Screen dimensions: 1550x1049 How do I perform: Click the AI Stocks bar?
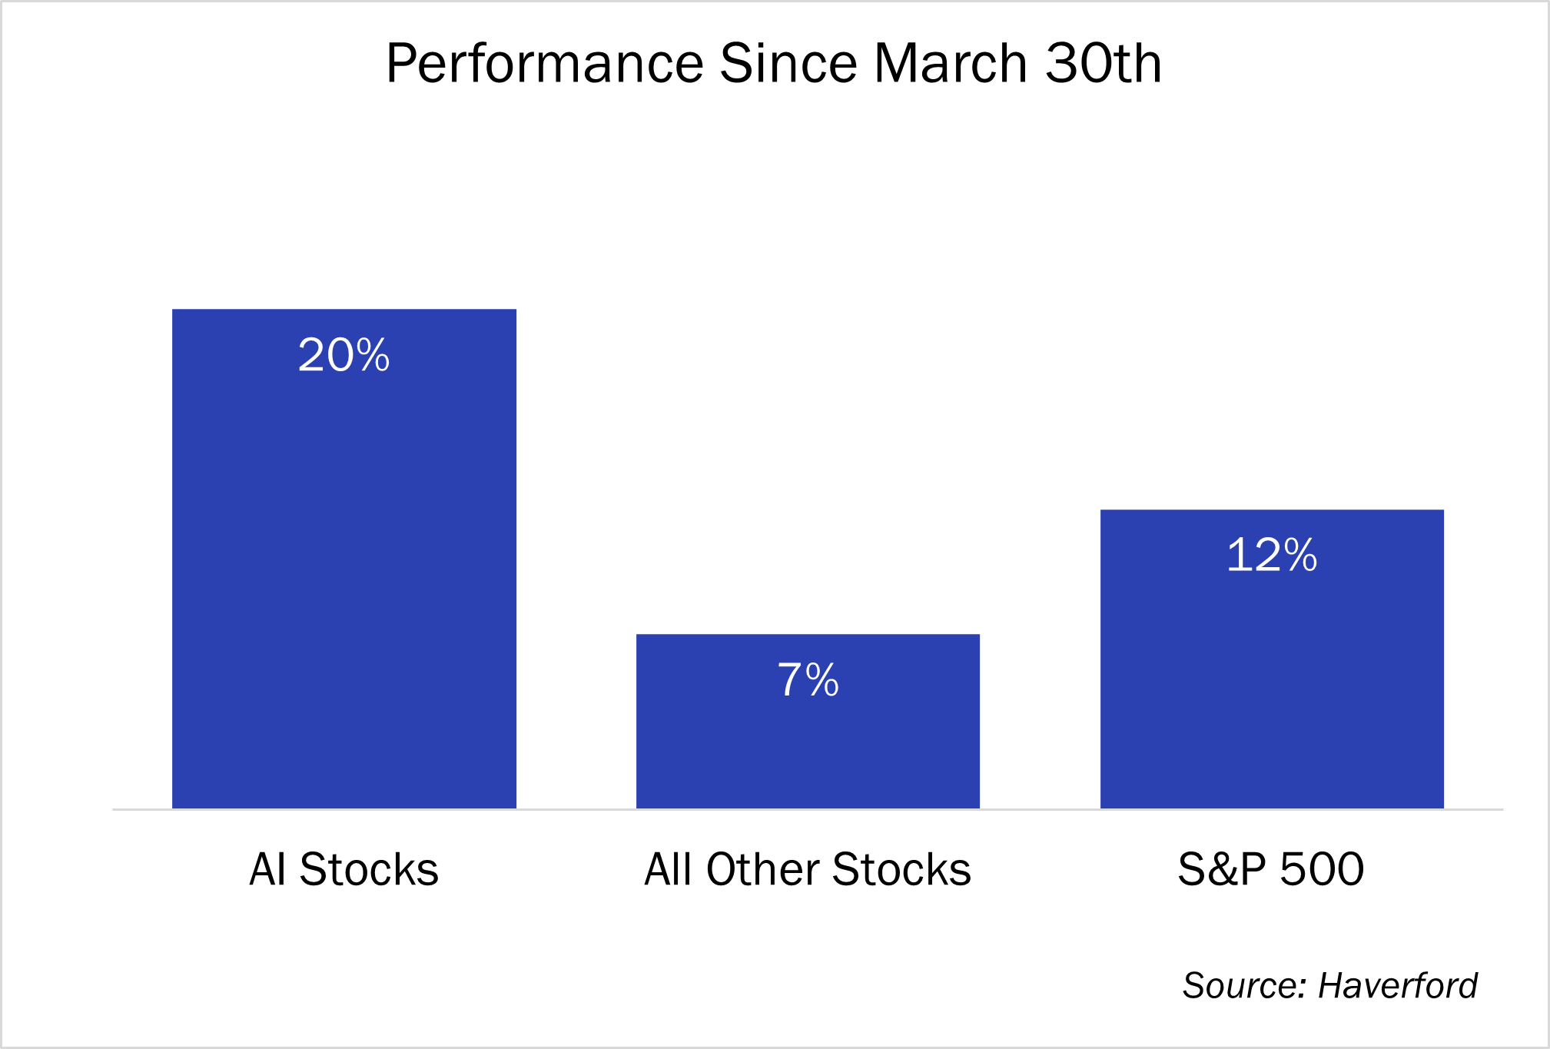coord(344,559)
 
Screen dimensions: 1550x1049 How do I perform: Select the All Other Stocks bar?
coord(808,722)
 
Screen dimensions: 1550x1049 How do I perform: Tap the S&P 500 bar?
coord(1272,659)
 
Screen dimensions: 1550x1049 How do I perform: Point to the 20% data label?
coord(344,355)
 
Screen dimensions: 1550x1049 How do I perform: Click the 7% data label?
coord(808,679)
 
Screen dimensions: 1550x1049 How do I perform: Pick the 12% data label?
coord(1272,555)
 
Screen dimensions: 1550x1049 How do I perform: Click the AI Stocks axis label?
coord(344,869)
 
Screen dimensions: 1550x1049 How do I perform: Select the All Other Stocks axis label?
coord(808,869)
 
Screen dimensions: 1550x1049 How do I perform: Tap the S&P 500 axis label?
coord(1271,869)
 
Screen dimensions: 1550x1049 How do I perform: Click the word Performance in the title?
coord(545,63)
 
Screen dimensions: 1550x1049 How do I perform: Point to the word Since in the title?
coord(788,63)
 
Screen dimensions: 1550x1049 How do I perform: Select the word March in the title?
coord(951,63)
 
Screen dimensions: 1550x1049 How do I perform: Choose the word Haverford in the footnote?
coord(1397,985)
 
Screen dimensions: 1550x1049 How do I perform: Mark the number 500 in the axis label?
coord(1322,869)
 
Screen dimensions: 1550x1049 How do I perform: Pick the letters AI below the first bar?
coord(269,869)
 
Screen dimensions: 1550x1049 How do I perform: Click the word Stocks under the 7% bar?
coord(901,869)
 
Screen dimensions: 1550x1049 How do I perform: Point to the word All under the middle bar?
coord(669,869)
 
